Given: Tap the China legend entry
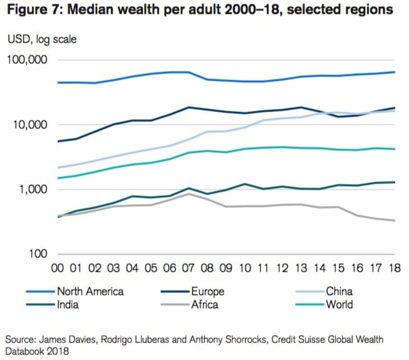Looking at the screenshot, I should pos(339,291).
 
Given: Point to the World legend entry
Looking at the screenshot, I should pos(339,305).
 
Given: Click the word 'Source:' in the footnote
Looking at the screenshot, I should pos(23,339).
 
